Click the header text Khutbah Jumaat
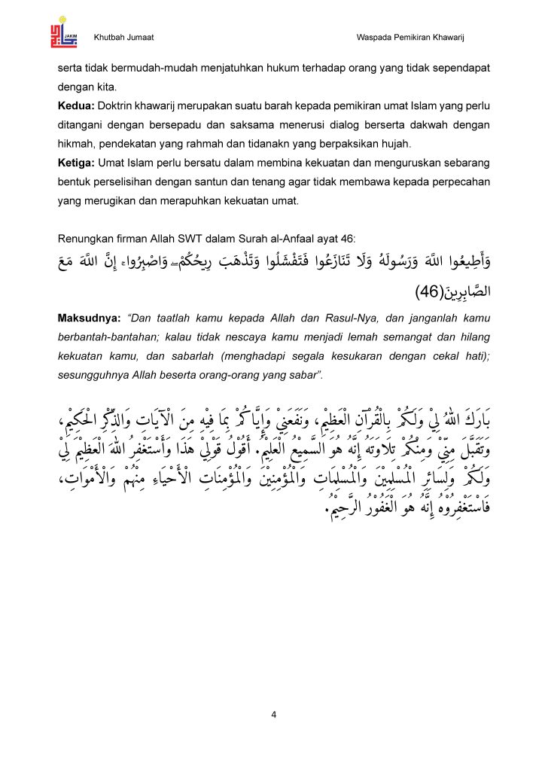tap(124, 38)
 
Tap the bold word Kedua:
tap(76, 106)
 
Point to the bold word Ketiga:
tap(77, 163)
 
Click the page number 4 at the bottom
tap(273, 715)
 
